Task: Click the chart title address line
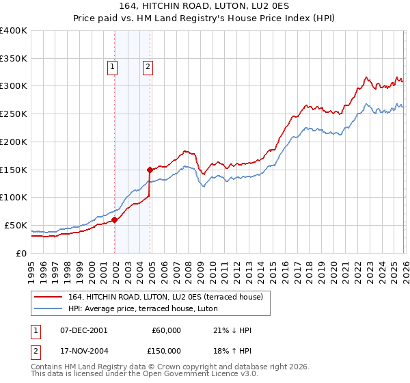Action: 205,6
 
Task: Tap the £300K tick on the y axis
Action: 14,86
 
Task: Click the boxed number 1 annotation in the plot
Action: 112,66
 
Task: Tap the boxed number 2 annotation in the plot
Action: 148,66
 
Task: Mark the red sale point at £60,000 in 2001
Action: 115,220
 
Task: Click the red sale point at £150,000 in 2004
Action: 150,169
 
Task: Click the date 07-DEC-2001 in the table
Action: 83,330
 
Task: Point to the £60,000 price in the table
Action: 167,330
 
